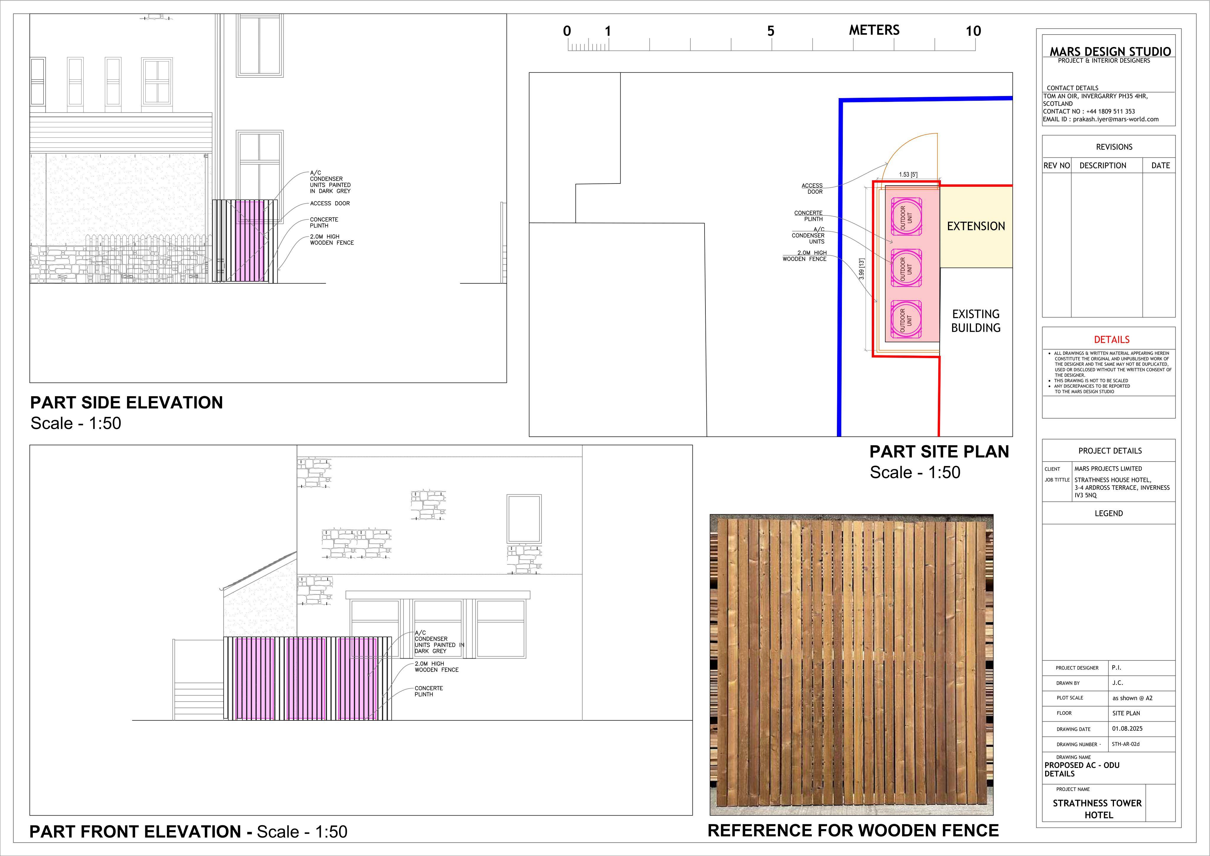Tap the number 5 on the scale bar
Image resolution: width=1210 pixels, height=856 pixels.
pyautogui.click(x=770, y=31)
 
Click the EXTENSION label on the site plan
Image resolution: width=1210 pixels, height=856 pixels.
pyautogui.click(x=976, y=226)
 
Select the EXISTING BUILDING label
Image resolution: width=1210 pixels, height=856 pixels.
pyautogui.click(x=976, y=321)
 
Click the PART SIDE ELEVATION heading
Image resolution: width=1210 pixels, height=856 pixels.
pyautogui.click(x=126, y=403)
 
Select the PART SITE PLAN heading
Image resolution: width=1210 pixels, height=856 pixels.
pyautogui.click(x=939, y=452)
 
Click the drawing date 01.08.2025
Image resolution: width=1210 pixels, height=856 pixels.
pyautogui.click(x=1127, y=728)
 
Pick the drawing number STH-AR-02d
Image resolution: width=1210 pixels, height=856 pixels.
pyautogui.click(x=1126, y=744)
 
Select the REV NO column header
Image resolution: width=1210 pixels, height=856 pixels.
pyautogui.click(x=1057, y=165)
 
